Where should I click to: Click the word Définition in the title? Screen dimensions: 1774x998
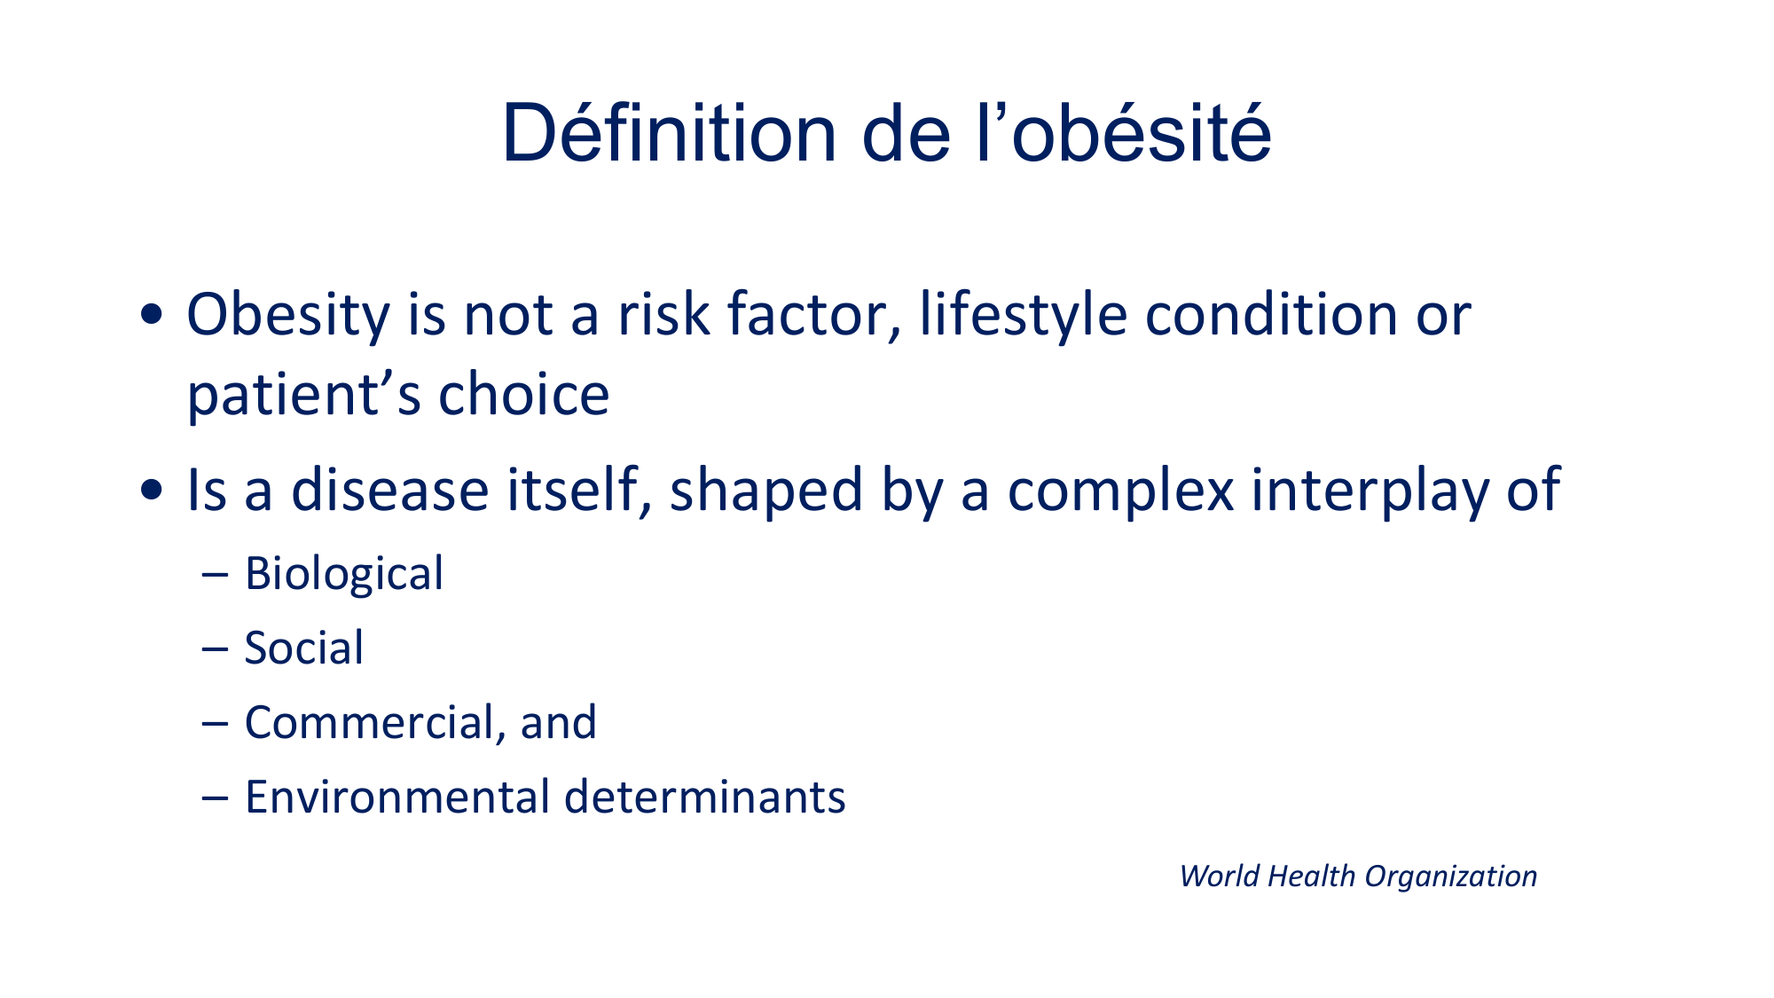tap(670, 133)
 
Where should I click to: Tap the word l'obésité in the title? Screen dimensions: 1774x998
tap(1124, 133)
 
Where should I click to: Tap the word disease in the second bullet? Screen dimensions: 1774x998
tap(390, 490)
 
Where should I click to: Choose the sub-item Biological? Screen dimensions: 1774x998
tap(344, 574)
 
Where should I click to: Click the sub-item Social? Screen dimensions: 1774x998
tap(304, 648)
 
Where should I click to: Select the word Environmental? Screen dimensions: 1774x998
tap(397, 797)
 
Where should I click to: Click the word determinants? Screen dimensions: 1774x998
tap(705, 797)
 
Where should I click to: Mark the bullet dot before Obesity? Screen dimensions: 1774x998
tap(152, 314)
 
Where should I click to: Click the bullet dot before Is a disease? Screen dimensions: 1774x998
tap(152, 490)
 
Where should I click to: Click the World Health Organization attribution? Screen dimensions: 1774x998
tap(1358, 876)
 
